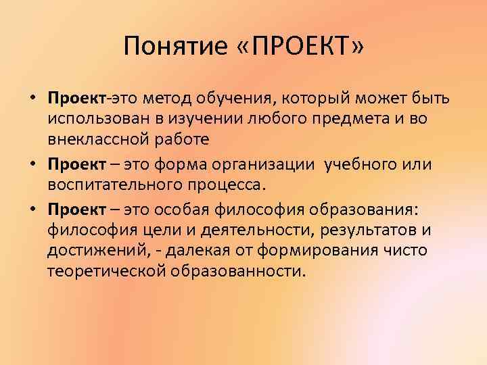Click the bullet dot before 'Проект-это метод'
click(x=32, y=99)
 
